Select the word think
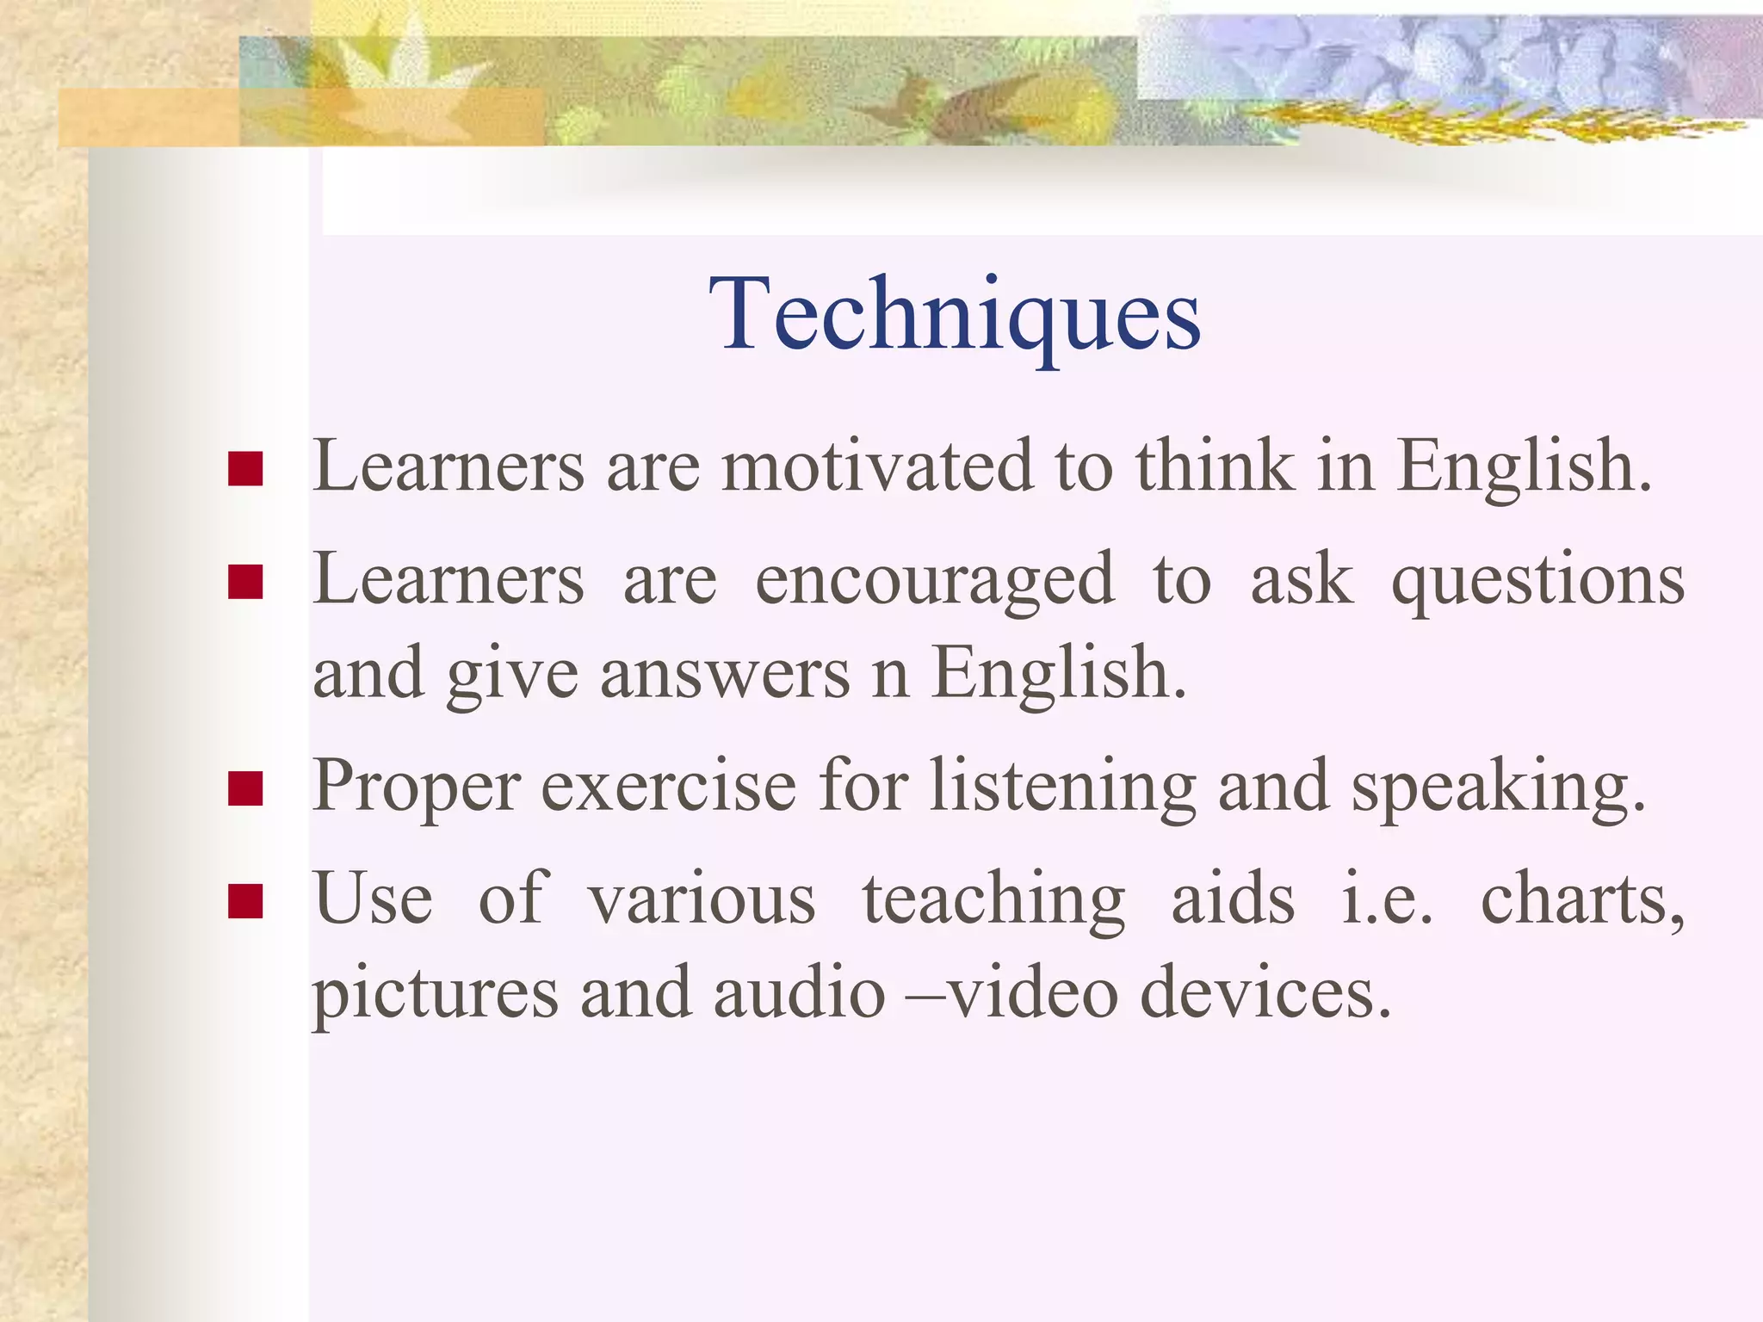[x=1215, y=466]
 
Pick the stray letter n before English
[x=890, y=674]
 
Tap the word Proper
[x=417, y=787]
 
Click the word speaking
[x=1498, y=787]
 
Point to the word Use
[x=373, y=899]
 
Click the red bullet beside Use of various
[x=245, y=901]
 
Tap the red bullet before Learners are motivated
[x=245, y=469]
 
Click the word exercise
[x=669, y=787]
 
